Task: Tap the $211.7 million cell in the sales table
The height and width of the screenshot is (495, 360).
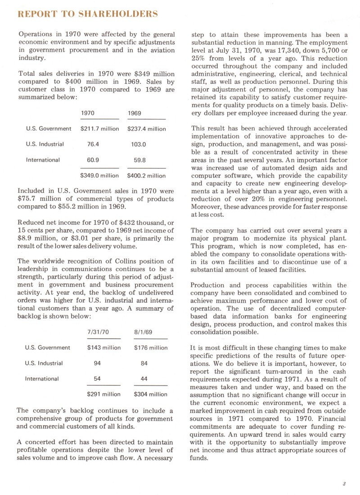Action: coord(99,129)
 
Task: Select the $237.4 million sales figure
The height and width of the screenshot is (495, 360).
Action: coord(147,129)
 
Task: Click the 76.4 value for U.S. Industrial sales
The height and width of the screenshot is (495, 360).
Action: coord(93,144)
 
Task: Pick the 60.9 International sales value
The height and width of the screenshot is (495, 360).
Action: coord(93,159)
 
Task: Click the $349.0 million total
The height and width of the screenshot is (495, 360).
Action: coord(99,175)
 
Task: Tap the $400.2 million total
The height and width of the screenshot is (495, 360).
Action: coord(147,175)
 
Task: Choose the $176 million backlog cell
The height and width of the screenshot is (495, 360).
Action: coord(151,348)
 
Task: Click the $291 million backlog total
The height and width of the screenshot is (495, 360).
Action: coord(103,394)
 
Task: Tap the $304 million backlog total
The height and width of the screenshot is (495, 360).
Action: coord(151,394)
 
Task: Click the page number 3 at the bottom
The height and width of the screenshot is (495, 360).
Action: coord(343,484)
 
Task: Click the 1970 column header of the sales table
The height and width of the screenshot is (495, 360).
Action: coord(88,113)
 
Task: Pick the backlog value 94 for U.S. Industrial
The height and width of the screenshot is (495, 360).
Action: coord(97,363)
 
